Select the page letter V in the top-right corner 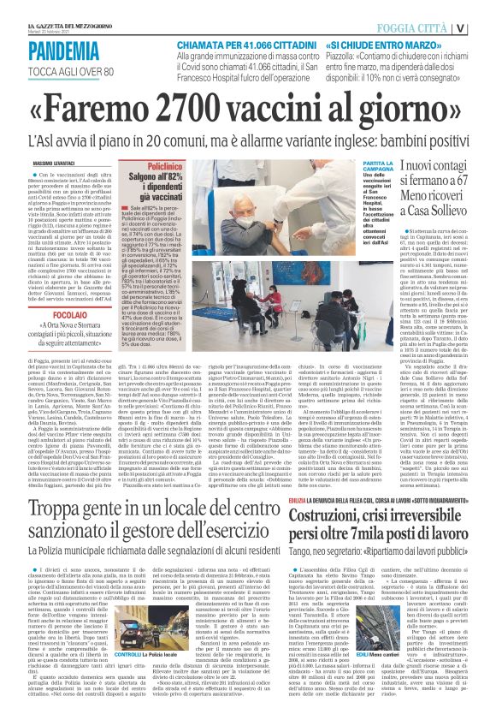click(485, 27)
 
